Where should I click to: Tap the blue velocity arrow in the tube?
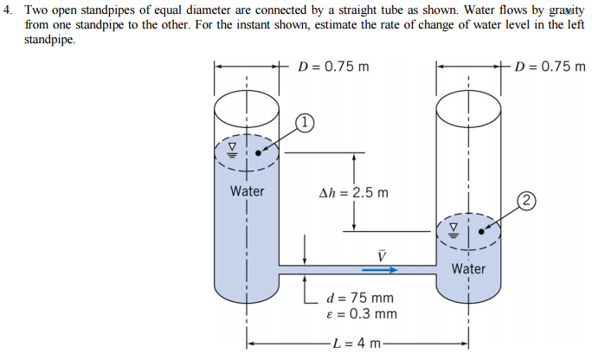[378, 270]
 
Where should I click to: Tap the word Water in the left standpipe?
[248, 191]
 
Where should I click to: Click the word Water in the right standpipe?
[468, 268]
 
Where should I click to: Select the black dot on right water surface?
[482, 231]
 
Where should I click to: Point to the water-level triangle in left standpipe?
[231, 149]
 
